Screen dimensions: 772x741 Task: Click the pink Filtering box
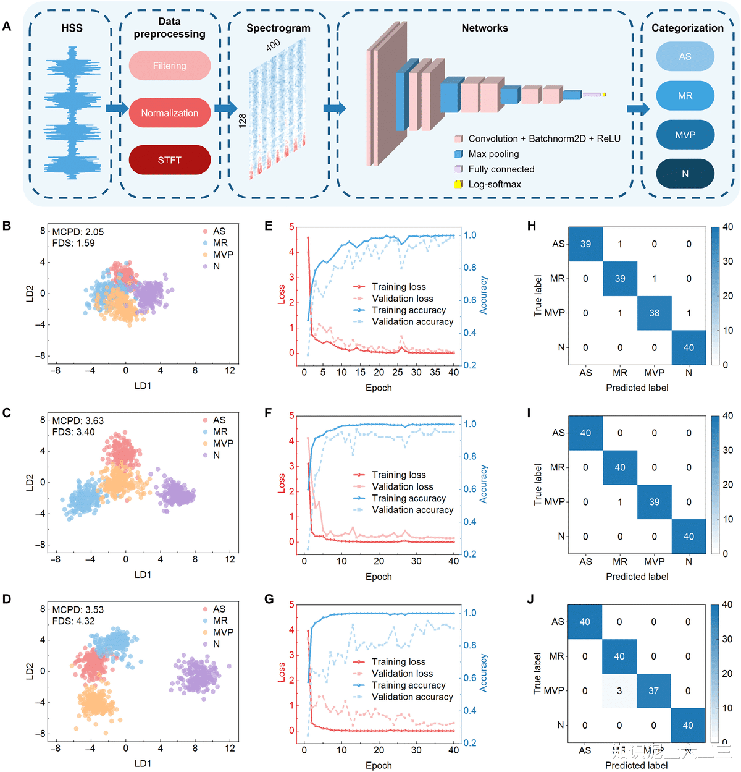(170, 66)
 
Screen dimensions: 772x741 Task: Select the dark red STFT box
(170, 160)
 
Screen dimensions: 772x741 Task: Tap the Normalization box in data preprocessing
(170, 113)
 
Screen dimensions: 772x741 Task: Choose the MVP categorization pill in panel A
(685, 135)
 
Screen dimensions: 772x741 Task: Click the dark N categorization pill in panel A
(685, 174)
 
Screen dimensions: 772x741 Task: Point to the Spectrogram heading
(278, 28)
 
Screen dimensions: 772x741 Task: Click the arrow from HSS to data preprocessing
(117, 109)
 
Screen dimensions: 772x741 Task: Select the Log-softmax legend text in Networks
(495, 184)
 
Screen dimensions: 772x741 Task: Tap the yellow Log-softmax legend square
(459, 184)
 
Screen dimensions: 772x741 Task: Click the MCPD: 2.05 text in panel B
(78, 232)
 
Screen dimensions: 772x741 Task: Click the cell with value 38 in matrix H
(655, 313)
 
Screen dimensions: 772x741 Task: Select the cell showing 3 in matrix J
(619, 691)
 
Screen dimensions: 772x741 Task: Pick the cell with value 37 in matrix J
(653, 691)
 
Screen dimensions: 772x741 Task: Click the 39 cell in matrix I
(655, 502)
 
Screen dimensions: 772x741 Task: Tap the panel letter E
(269, 226)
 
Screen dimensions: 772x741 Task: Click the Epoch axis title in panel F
(379, 577)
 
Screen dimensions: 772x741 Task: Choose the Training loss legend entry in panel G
(398, 662)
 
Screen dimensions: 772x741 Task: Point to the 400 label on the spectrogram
(273, 45)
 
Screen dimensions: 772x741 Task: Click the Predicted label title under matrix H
(637, 388)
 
